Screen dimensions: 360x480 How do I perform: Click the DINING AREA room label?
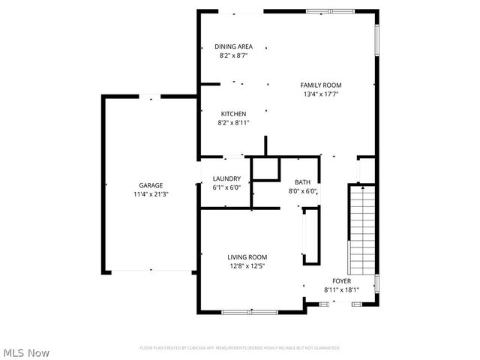(233, 46)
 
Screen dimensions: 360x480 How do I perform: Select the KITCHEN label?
(232, 114)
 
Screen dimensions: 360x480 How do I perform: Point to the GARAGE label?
(150, 185)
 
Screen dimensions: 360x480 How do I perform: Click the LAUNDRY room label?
(226, 178)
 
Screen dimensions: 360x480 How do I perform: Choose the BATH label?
(302, 182)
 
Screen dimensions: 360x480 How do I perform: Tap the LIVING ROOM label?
(247, 257)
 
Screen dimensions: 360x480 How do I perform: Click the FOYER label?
(341, 280)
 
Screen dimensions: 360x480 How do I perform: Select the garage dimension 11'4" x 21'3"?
(150, 194)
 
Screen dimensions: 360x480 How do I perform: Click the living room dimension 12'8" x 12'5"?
(247, 266)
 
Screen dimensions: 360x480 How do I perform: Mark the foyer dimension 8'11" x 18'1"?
(341, 289)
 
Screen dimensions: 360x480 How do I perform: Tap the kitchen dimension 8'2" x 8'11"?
(232, 123)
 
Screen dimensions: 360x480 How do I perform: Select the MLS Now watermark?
(26, 352)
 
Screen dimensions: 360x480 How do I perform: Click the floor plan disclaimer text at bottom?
(240, 348)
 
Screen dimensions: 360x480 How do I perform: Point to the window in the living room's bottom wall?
(244, 311)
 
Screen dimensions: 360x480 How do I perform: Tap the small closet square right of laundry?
(264, 169)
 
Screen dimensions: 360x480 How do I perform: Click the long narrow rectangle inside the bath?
(310, 236)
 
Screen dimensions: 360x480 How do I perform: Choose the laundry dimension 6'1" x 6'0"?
(226, 187)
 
